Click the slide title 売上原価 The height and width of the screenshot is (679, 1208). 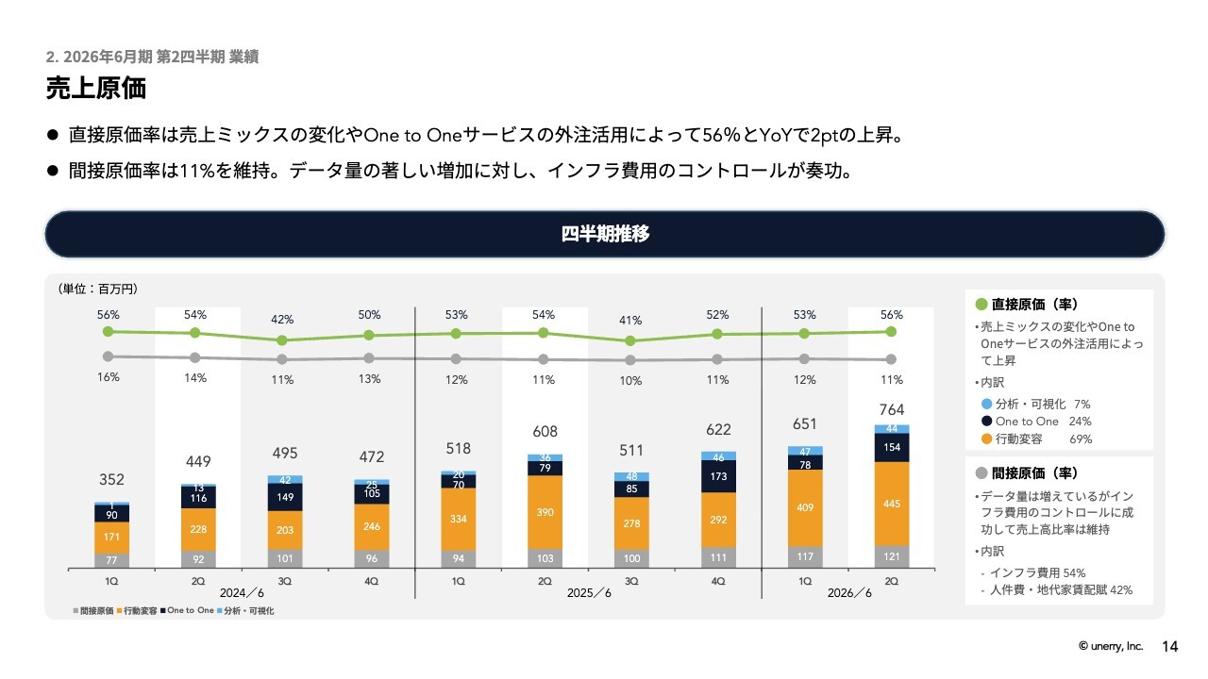click(x=96, y=89)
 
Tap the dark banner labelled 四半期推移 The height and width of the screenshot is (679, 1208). click(x=605, y=235)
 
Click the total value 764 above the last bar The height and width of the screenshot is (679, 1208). click(x=892, y=409)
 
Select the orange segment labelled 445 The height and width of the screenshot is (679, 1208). click(x=892, y=504)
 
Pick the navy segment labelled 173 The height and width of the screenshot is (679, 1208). click(x=718, y=477)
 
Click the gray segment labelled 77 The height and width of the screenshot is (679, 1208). click(x=111, y=560)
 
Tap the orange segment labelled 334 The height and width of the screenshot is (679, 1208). click(x=459, y=519)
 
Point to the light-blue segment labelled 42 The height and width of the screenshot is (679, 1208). click(x=285, y=480)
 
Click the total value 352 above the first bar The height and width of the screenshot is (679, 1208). click(x=111, y=479)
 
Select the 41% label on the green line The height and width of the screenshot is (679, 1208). click(x=631, y=320)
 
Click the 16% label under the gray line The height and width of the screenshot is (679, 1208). click(x=109, y=377)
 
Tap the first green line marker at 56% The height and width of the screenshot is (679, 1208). click(x=109, y=331)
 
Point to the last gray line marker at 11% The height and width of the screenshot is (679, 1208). click(x=892, y=359)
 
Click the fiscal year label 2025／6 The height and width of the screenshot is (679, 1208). click(x=589, y=592)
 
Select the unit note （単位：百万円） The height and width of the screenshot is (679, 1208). click(x=98, y=289)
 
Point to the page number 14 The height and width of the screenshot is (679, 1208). click(x=1170, y=647)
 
